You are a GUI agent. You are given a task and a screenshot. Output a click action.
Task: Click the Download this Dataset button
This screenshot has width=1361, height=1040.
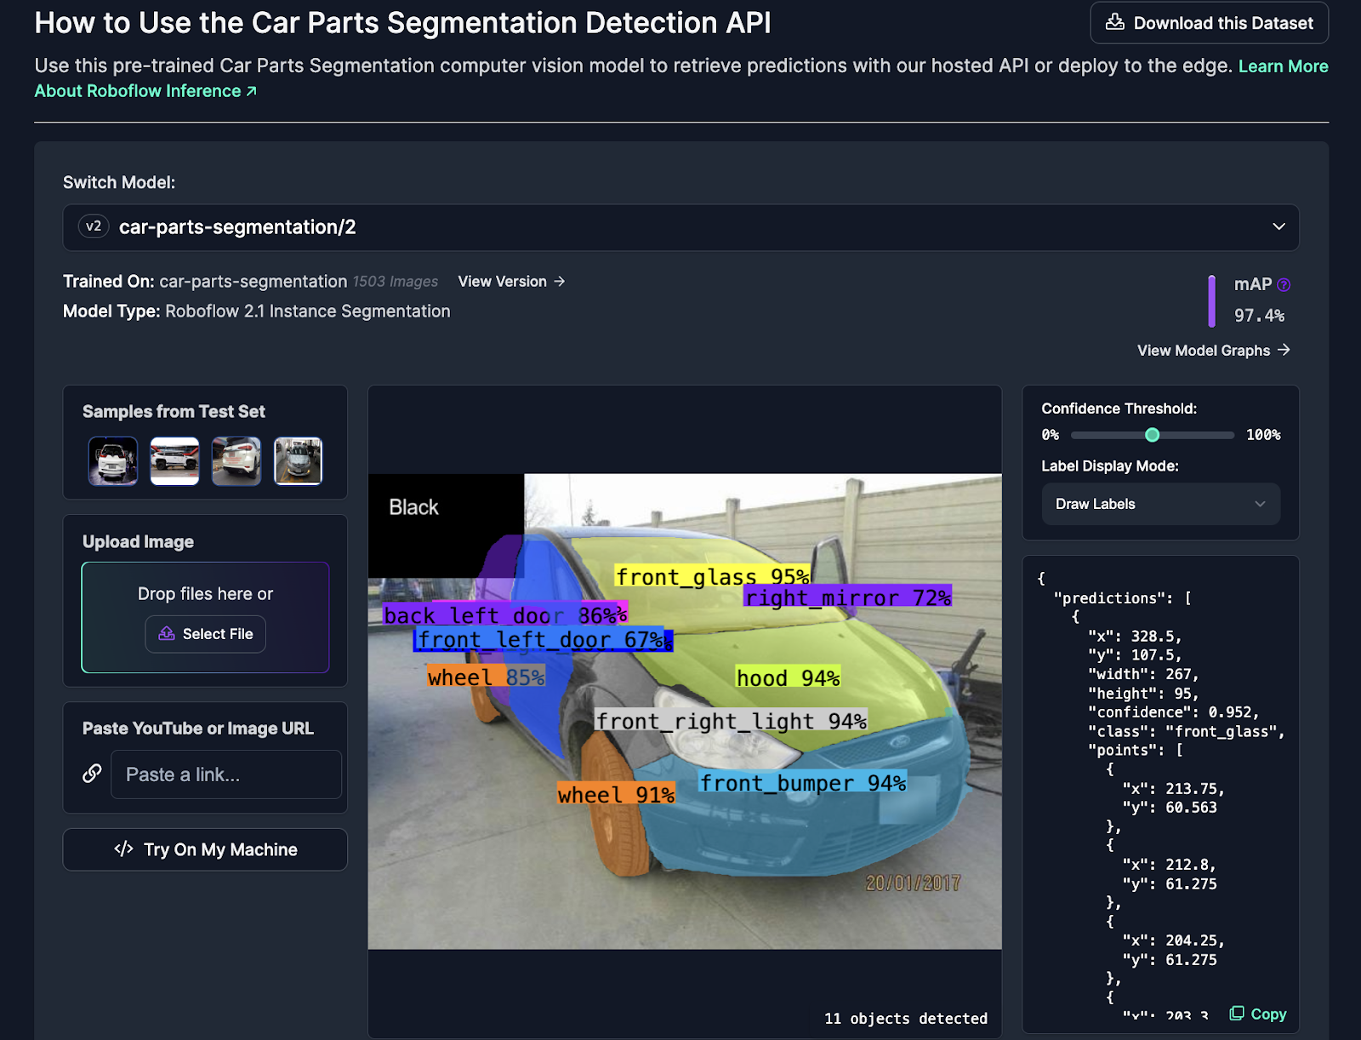pos(1209,23)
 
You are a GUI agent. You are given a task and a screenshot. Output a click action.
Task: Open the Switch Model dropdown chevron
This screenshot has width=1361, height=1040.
pos(1278,227)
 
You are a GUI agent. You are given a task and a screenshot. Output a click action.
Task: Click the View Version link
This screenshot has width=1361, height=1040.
pos(511,282)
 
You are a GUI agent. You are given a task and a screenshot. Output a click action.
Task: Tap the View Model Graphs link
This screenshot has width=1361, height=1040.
pos(1214,351)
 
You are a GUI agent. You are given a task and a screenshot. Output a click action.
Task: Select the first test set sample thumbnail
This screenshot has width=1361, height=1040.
pos(113,460)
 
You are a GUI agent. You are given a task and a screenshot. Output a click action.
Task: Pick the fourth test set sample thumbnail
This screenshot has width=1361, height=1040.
pos(299,460)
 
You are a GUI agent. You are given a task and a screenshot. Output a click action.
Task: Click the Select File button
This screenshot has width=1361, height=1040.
pos(205,634)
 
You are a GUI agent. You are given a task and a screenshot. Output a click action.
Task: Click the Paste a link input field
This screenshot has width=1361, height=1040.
pos(225,774)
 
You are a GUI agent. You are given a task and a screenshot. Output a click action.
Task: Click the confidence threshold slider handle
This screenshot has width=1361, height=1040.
pos(1152,435)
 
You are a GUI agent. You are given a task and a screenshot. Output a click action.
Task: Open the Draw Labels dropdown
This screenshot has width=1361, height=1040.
pos(1161,504)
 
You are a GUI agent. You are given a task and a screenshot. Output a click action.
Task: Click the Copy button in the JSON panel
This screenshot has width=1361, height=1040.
pos(1258,1014)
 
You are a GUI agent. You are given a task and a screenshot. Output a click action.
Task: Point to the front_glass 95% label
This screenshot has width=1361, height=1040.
pos(713,576)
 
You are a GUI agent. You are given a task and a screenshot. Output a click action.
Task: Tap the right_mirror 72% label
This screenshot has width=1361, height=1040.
pos(847,597)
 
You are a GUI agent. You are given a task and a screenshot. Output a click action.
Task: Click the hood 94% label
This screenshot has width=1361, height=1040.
pos(788,677)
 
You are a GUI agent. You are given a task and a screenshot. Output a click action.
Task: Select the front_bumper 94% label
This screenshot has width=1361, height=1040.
pos(802,783)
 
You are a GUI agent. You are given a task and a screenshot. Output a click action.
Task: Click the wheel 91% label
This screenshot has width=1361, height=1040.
pos(616,794)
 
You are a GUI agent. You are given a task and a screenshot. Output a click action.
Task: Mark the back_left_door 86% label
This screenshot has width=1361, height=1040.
pos(505,614)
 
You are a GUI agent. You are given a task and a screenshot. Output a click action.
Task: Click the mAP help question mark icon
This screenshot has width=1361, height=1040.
pos(1284,284)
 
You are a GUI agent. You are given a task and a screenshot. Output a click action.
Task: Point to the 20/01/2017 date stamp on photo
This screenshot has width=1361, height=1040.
pos(913,883)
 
